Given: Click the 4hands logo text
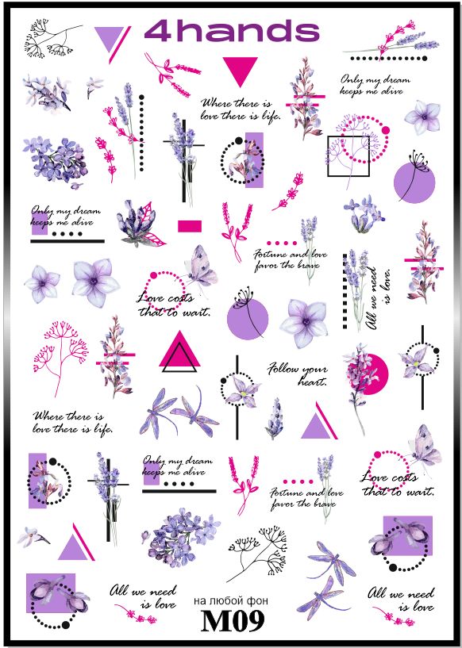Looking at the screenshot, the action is [232, 32].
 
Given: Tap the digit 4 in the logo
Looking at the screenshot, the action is [158, 32].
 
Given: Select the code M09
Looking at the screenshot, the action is [232, 620].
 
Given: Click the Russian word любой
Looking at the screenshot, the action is [230, 601].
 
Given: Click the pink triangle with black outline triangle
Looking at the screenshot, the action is [179, 351].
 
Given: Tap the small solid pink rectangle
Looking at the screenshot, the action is [190, 226].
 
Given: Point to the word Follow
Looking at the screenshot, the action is [283, 368].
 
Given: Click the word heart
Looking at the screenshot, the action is [312, 381].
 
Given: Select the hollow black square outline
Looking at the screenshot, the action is [328, 156].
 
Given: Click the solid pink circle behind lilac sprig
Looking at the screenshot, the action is [372, 374].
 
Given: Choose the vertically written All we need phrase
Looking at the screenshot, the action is [379, 298].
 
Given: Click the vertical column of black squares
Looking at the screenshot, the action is [345, 291].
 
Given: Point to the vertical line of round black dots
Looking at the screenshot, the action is [142, 132].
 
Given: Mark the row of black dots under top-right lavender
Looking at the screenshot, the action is [388, 58].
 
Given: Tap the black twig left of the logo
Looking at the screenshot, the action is [52, 38].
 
